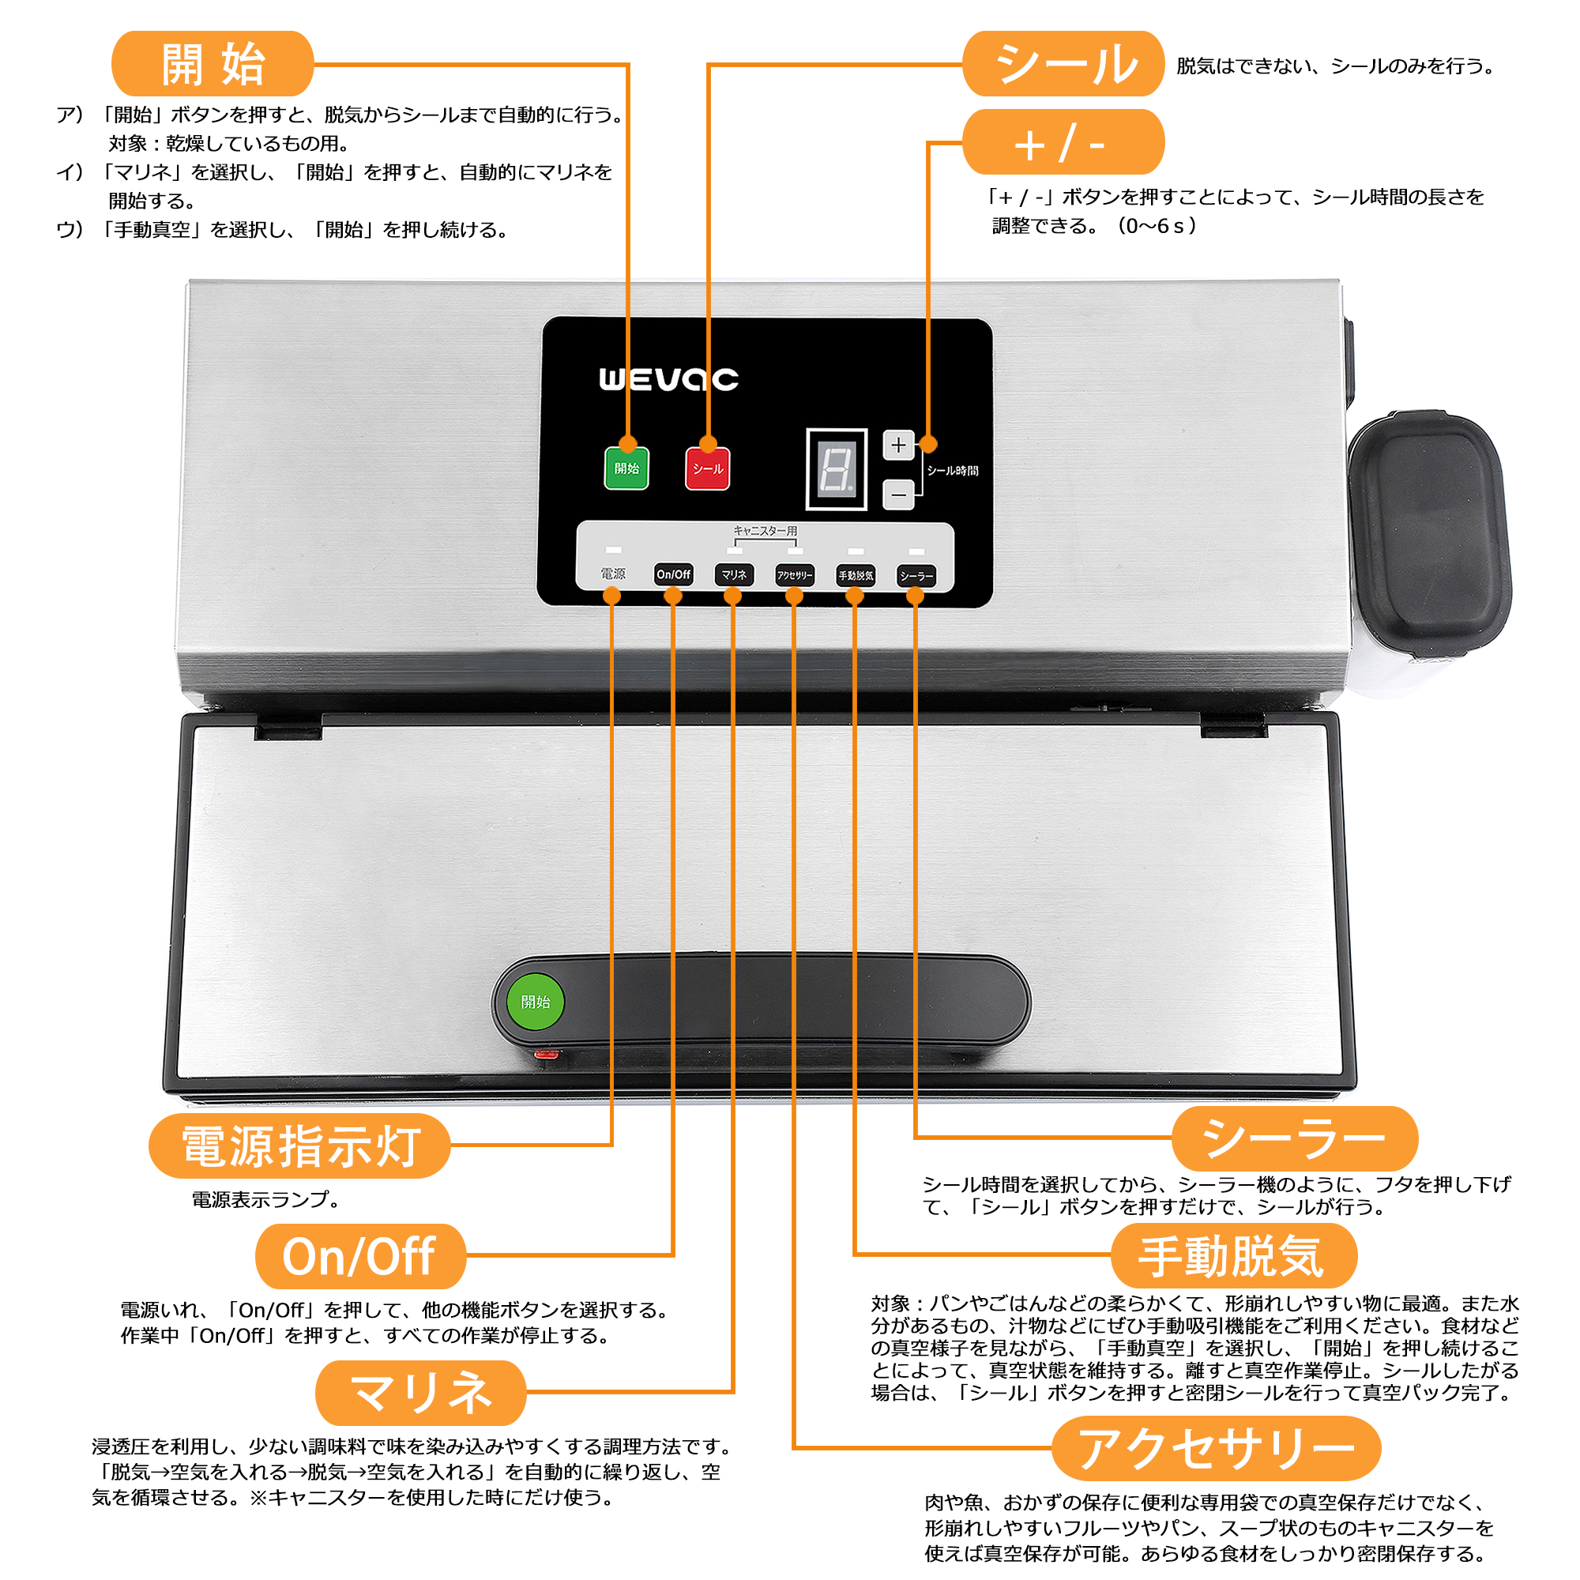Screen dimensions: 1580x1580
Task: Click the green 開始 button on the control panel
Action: pos(626,468)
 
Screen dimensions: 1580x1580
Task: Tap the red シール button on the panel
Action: pos(707,469)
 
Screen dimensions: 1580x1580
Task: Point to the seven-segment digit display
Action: pos(836,468)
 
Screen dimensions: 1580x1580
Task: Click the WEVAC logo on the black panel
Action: pos(668,379)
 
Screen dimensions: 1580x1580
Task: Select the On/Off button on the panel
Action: pos(673,575)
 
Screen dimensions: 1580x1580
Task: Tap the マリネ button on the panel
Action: pos(734,575)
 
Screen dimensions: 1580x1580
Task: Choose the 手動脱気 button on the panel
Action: pos(855,576)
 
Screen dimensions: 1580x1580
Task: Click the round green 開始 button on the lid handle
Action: pos(536,1002)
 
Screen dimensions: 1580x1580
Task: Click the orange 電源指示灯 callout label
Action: pos(299,1145)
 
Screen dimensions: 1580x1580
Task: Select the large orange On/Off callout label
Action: pos(359,1257)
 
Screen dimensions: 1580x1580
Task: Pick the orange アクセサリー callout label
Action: pos(1216,1448)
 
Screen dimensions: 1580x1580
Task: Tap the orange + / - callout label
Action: pos(1063,143)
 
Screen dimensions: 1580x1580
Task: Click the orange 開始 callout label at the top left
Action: pos(213,64)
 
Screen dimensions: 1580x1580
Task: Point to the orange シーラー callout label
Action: pos(1295,1138)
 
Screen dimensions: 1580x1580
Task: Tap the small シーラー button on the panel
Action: pos(916,576)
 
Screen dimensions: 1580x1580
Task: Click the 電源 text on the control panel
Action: pos(612,574)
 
